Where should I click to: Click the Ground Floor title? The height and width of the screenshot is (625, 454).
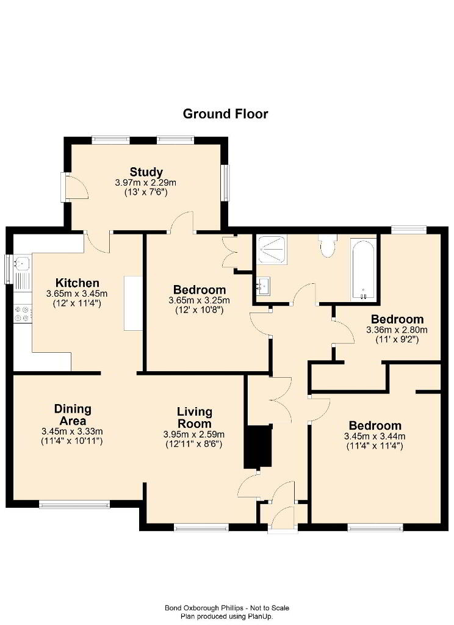(225, 114)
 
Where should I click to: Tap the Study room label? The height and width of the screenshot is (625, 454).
(146, 172)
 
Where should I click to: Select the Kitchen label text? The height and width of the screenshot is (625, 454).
(77, 283)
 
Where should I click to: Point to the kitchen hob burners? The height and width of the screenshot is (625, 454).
(23, 313)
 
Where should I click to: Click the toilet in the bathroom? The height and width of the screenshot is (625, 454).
(328, 246)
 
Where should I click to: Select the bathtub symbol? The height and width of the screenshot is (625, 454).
(363, 270)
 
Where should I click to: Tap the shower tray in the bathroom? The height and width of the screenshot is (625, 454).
(272, 250)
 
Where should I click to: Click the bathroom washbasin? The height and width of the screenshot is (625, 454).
(263, 286)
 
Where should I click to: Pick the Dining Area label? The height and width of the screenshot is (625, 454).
(73, 415)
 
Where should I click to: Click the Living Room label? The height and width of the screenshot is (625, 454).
(195, 417)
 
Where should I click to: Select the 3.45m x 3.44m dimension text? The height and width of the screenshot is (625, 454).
(375, 437)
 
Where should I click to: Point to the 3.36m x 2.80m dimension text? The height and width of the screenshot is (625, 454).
(397, 330)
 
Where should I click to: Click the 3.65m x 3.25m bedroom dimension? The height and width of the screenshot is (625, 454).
(200, 300)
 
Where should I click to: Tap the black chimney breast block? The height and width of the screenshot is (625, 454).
(258, 447)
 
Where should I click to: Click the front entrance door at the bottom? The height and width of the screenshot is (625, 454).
(283, 518)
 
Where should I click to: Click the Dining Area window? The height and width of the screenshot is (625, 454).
(74, 505)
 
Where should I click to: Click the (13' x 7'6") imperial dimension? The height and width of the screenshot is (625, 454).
(146, 192)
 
